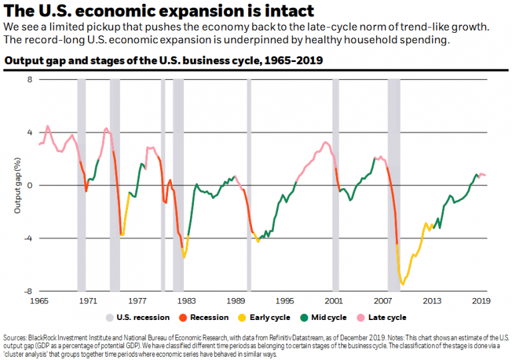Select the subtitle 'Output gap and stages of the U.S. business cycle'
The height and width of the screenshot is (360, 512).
click(x=163, y=61)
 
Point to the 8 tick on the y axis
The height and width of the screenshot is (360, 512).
click(x=29, y=79)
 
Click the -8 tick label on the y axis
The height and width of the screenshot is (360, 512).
click(x=28, y=291)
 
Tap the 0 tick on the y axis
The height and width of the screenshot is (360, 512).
click(x=29, y=185)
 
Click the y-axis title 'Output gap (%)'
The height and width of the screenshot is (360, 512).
click(x=17, y=185)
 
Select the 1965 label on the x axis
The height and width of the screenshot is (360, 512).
click(x=39, y=301)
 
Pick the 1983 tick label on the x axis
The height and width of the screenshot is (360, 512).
click(x=187, y=301)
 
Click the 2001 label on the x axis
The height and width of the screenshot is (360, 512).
click(x=334, y=301)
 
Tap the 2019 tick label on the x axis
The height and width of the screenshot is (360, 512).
click(x=481, y=301)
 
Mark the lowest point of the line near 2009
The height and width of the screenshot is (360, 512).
click(x=403, y=285)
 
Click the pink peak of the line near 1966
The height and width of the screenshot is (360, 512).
click(x=47, y=126)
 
